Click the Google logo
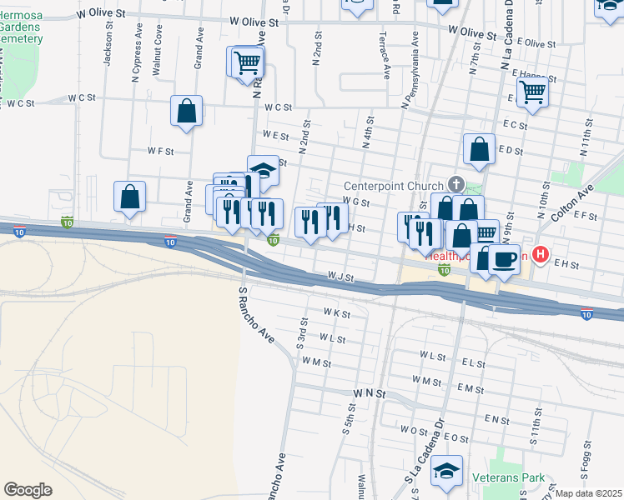click(28, 490)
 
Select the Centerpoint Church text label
click(395, 185)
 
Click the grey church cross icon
click(455, 183)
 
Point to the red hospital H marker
click(541, 254)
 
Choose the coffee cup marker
click(504, 258)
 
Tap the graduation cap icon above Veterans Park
click(447, 471)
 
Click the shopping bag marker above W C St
click(187, 111)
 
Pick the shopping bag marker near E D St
click(480, 150)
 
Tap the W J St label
click(341, 276)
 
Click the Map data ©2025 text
click(588, 493)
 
